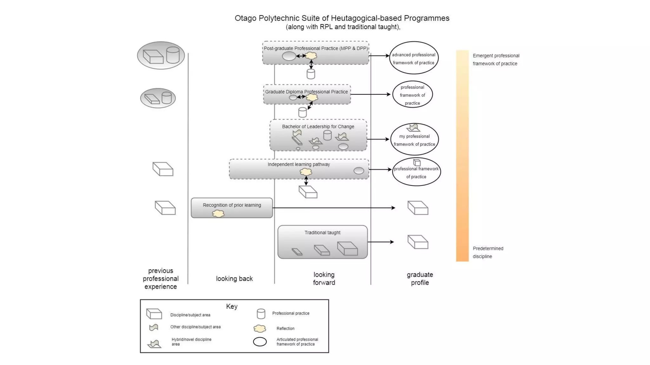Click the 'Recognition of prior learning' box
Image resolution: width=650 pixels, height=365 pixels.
232,208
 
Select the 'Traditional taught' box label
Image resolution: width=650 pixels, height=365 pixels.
322,233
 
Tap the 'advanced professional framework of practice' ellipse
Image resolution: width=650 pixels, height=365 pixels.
414,58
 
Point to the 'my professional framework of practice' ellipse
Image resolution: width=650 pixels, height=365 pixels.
414,140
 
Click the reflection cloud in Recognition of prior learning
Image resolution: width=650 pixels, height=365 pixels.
218,214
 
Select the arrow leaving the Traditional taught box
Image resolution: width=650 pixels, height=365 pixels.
381,242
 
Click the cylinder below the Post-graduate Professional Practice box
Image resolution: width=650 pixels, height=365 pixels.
311,74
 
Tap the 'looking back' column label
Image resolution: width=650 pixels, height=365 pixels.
234,279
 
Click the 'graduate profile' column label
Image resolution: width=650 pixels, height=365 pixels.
420,279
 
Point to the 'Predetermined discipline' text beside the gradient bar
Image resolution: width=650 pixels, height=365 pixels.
488,253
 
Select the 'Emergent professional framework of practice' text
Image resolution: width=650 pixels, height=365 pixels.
496,60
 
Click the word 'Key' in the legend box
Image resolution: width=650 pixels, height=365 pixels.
232,306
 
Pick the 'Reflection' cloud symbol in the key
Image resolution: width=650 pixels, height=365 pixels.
260,329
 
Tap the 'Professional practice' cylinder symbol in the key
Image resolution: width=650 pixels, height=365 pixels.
261,314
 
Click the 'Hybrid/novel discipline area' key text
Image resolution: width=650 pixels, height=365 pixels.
191,342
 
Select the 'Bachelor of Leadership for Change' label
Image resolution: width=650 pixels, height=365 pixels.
318,126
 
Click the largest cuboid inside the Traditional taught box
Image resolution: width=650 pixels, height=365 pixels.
347,248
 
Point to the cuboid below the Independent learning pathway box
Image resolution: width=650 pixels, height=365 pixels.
308,192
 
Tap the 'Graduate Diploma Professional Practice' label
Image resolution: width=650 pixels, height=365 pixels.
306,92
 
